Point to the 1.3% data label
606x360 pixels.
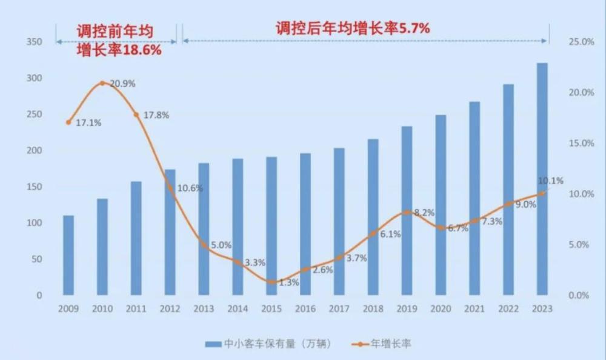289,282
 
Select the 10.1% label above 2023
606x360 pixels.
550,181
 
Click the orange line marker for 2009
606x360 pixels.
68,122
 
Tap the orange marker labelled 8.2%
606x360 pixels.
407,212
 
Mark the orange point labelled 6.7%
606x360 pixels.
441,228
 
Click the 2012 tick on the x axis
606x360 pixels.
170,309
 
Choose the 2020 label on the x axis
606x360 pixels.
441,309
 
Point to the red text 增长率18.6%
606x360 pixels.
119,50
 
